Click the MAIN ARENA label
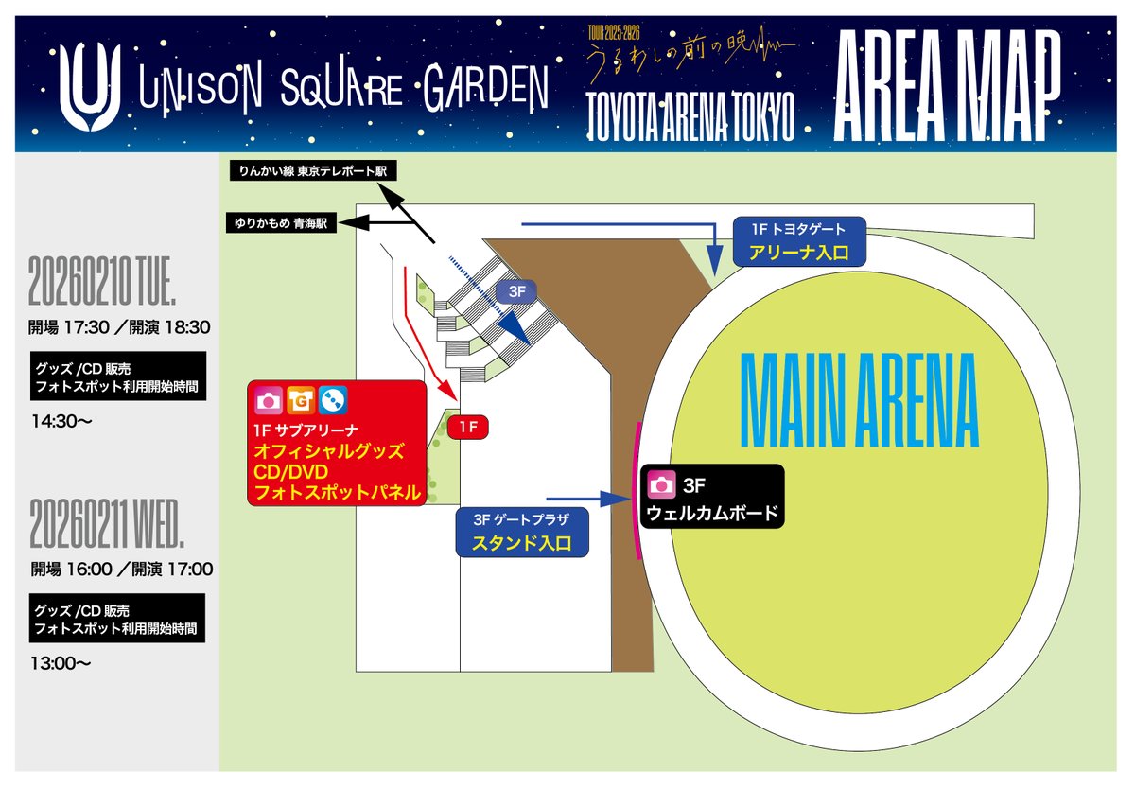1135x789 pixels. [x=858, y=403]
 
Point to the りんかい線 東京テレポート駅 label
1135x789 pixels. [x=313, y=170]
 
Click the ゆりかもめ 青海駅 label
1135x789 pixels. [x=282, y=224]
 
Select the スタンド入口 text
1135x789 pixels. [x=521, y=544]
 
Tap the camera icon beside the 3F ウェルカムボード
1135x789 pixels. [x=662, y=486]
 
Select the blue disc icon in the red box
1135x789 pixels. [x=332, y=401]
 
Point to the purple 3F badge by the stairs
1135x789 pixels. [x=515, y=291]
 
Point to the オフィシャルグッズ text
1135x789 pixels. [x=328, y=450]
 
